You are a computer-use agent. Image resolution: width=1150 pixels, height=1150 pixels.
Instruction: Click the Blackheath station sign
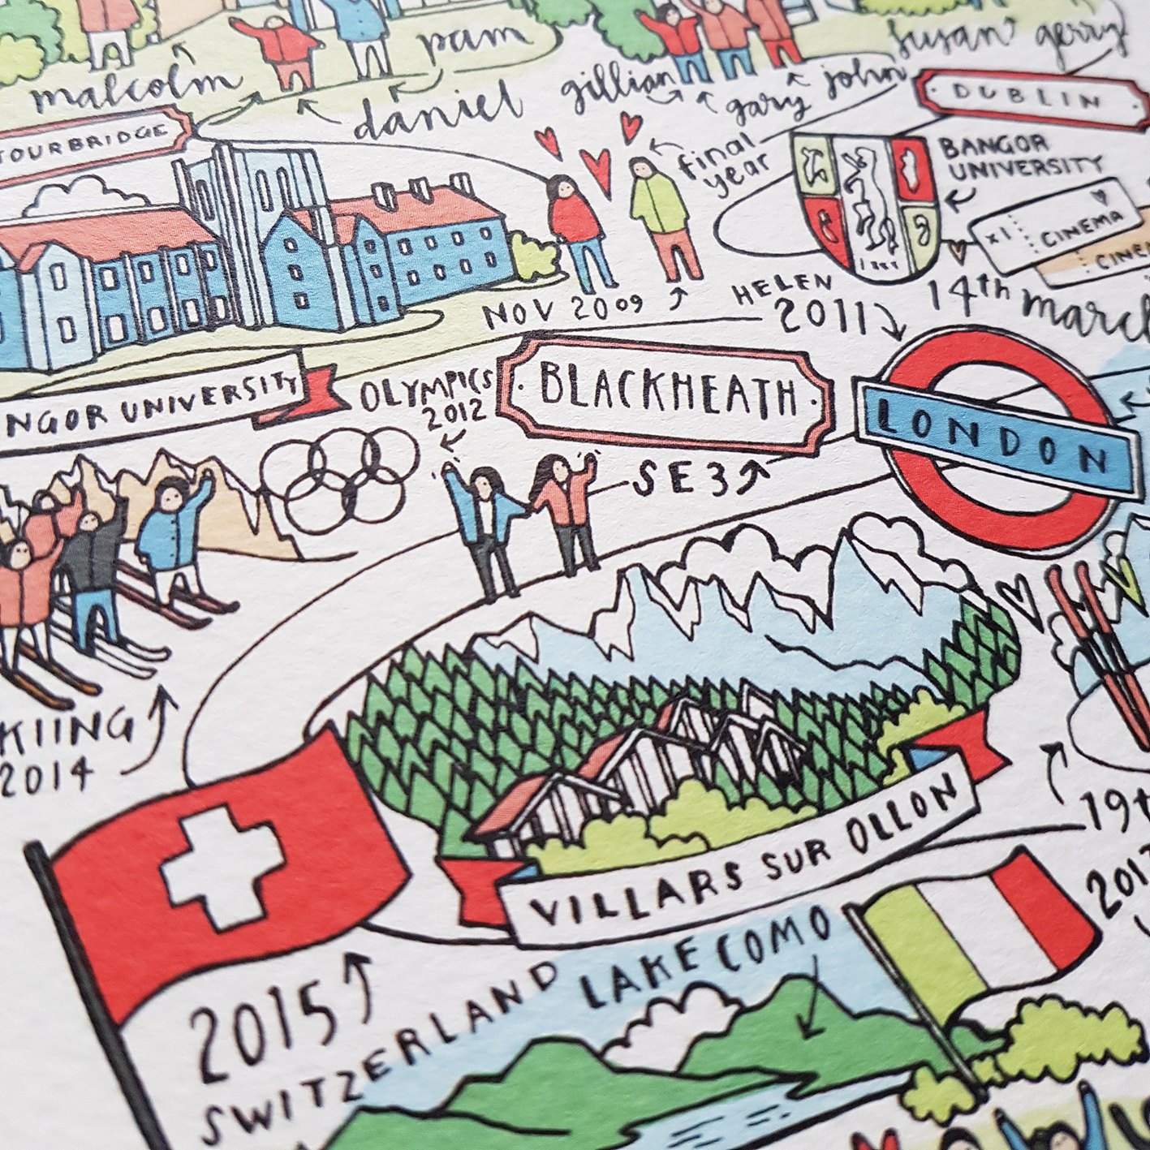[x=664, y=393]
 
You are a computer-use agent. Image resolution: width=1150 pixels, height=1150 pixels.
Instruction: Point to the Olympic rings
[x=338, y=475]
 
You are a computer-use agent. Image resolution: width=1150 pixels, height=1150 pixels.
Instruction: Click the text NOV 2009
[x=564, y=308]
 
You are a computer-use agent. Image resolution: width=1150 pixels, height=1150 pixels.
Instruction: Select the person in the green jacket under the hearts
[x=662, y=215]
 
